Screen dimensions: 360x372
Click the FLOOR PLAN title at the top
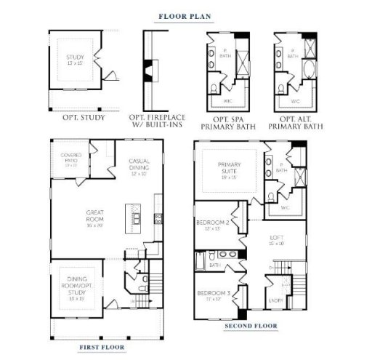pos(187,14)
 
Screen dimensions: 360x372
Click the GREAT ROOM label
pos(94,217)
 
